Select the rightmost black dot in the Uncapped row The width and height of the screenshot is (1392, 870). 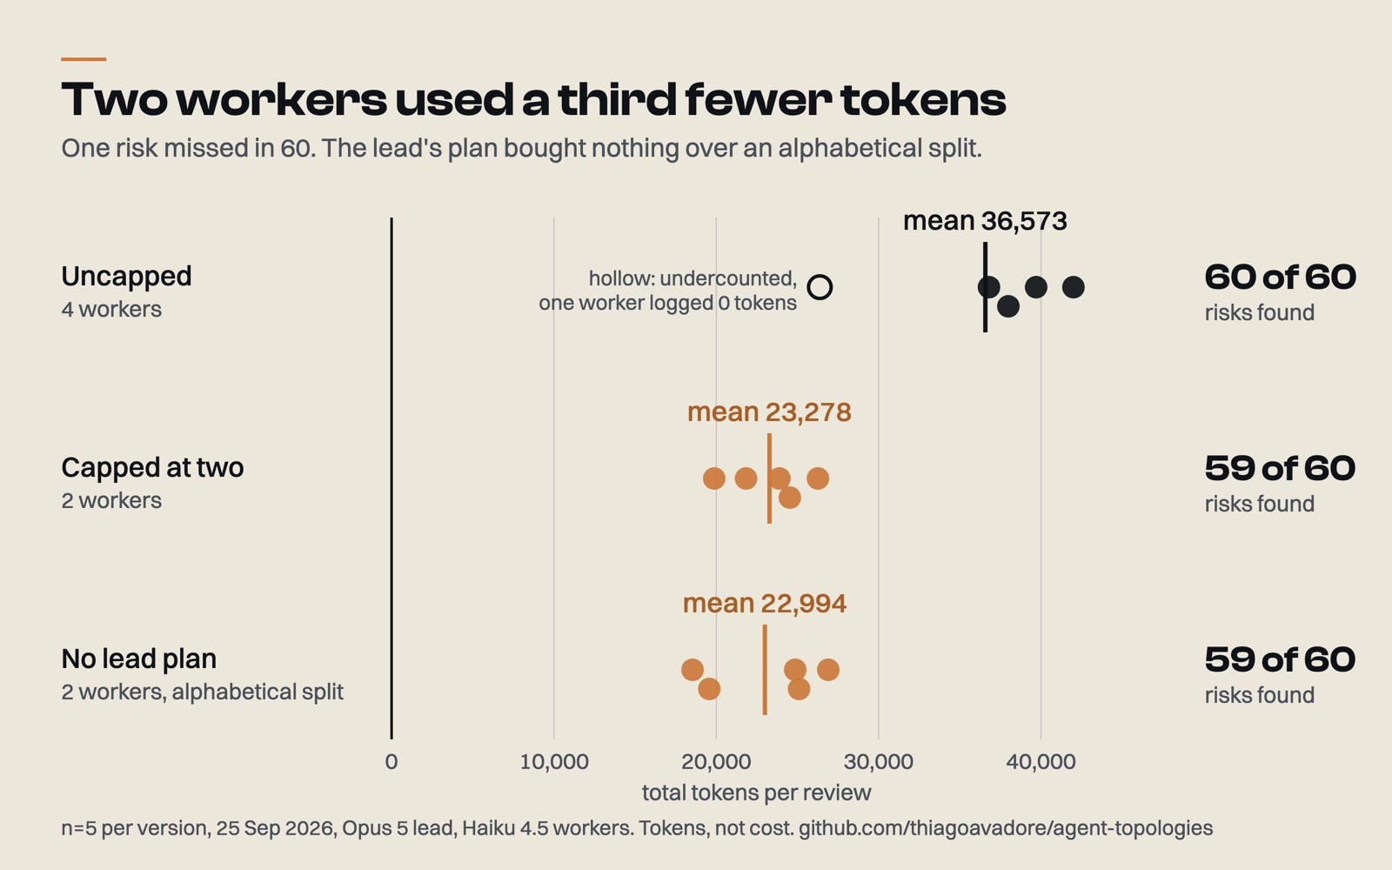(x=1074, y=287)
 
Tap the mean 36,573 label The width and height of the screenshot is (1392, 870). (x=985, y=221)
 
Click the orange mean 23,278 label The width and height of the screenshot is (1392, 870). (x=769, y=412)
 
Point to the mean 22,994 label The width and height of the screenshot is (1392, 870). (x=765, y=604)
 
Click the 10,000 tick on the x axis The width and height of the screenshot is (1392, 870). (x=553, y=762)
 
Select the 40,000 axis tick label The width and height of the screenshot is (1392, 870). (x=1041, y=762)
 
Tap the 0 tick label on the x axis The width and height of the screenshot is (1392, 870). (x=391, y=762)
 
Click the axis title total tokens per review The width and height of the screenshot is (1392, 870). (x=756, y=793)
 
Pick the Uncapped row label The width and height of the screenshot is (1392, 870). (x=126, y=277)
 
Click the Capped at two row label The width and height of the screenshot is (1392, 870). (x=152, y=467)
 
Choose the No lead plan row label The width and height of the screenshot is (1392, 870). (x=138, y=659)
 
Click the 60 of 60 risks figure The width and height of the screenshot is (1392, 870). (x=1280, y=278)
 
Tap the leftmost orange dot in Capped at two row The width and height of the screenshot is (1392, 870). (x=714, y=478)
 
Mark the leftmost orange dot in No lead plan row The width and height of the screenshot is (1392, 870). (x=693, y=670)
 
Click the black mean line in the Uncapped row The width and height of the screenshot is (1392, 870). (x=985, y=287)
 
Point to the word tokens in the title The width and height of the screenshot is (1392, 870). (x=923, y=99)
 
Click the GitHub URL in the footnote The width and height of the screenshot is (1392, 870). (x=1006, y=828)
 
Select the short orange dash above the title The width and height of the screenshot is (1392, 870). (x=84, y=59)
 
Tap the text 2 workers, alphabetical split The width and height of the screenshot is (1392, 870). (x=202, y=692)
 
